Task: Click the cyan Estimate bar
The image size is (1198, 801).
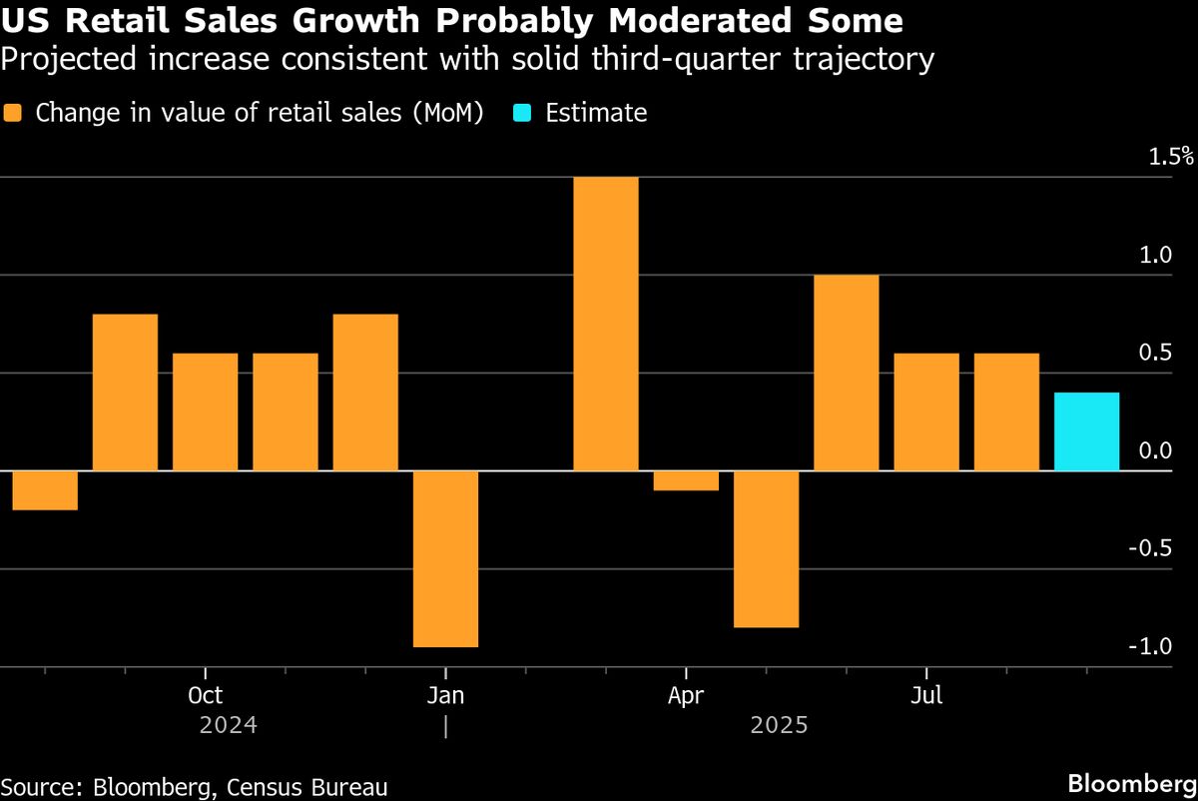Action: click(x=1086, y=431)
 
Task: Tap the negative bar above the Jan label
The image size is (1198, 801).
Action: click(x=445, y=558)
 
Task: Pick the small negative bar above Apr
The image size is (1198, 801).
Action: click(x=686, y=480)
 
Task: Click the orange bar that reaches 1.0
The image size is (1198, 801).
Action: click(x=847, y=373)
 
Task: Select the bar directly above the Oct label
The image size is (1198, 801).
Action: click(x=205, y=411)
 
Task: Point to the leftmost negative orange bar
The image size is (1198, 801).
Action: click(x=45, y=490)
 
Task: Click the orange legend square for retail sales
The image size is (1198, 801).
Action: click(x=13, y=113)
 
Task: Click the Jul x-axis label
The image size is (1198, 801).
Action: click(x=926, y=695)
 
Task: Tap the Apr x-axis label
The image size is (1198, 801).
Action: click(x=686, y=695)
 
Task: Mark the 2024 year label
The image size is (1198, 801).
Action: click(x=229, y=725)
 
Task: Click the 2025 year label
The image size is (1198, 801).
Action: click(x=780, y=725)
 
